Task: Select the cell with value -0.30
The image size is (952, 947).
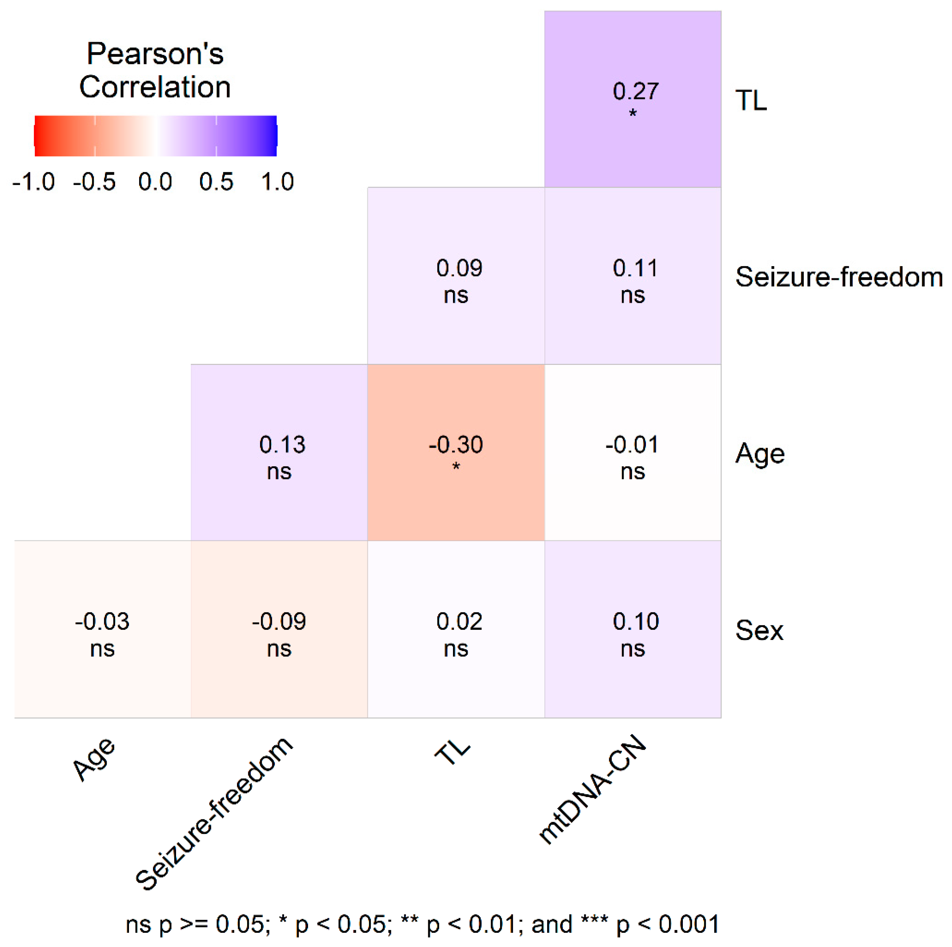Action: coord(456,452)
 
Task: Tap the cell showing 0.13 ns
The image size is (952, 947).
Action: coord(279,452)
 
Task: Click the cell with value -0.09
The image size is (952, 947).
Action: coord(279,629)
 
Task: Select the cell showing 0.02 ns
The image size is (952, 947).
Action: coord(456,629)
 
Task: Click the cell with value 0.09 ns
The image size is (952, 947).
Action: coord(456,276)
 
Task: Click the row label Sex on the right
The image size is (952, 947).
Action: coord(759,630)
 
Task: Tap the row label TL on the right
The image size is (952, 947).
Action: coord(751,101)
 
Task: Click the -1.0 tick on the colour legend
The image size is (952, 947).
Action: coord(34,182)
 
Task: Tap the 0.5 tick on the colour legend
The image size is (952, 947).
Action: coord(216,182)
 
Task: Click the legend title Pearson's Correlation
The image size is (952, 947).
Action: coord(155,70)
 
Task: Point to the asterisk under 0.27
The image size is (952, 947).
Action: coord(633,113)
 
